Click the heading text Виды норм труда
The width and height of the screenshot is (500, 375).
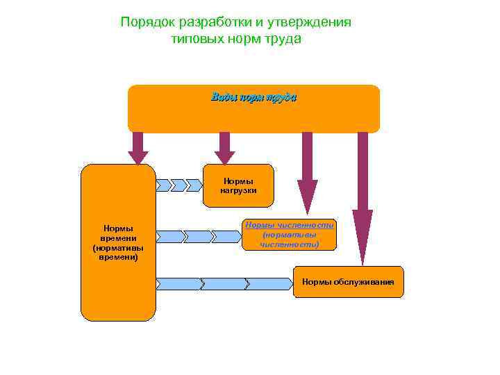(253, 98)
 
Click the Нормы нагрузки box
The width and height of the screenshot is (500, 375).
(238, 185)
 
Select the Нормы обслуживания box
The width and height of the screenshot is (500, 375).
(348, 282)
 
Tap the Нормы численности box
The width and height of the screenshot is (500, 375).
(290, 235)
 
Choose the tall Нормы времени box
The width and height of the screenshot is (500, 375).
(118, 242)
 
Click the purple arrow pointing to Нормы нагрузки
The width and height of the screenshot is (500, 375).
(224, 148)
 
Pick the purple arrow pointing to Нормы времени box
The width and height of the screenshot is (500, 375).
(138, 148)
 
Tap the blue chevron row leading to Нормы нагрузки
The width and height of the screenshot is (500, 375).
(178, 185)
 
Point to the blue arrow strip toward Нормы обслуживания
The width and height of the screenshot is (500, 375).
(224, 283)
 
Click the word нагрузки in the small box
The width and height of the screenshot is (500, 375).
(238, 190)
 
